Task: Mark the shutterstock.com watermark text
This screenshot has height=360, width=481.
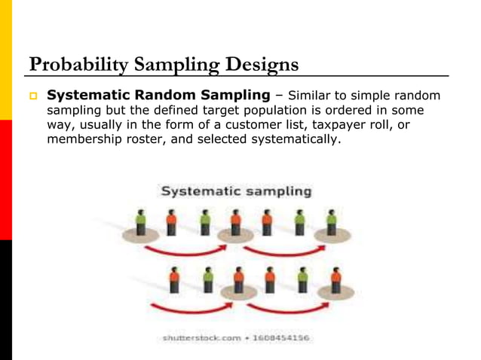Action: pos(201,338)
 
